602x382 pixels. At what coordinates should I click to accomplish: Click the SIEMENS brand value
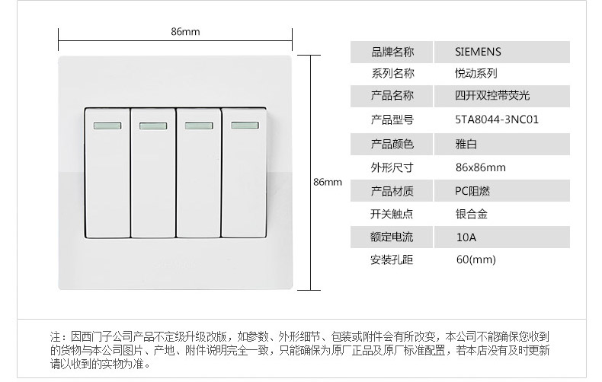[478, 52]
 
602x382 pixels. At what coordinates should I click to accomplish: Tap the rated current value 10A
[466, 237]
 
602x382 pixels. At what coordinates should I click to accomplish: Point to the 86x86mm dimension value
[479, 167]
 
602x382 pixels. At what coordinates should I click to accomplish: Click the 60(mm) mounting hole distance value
[476, 260]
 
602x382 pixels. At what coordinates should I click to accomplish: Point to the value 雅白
[465, 143]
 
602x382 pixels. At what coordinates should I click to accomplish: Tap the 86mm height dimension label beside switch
[328, 182]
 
